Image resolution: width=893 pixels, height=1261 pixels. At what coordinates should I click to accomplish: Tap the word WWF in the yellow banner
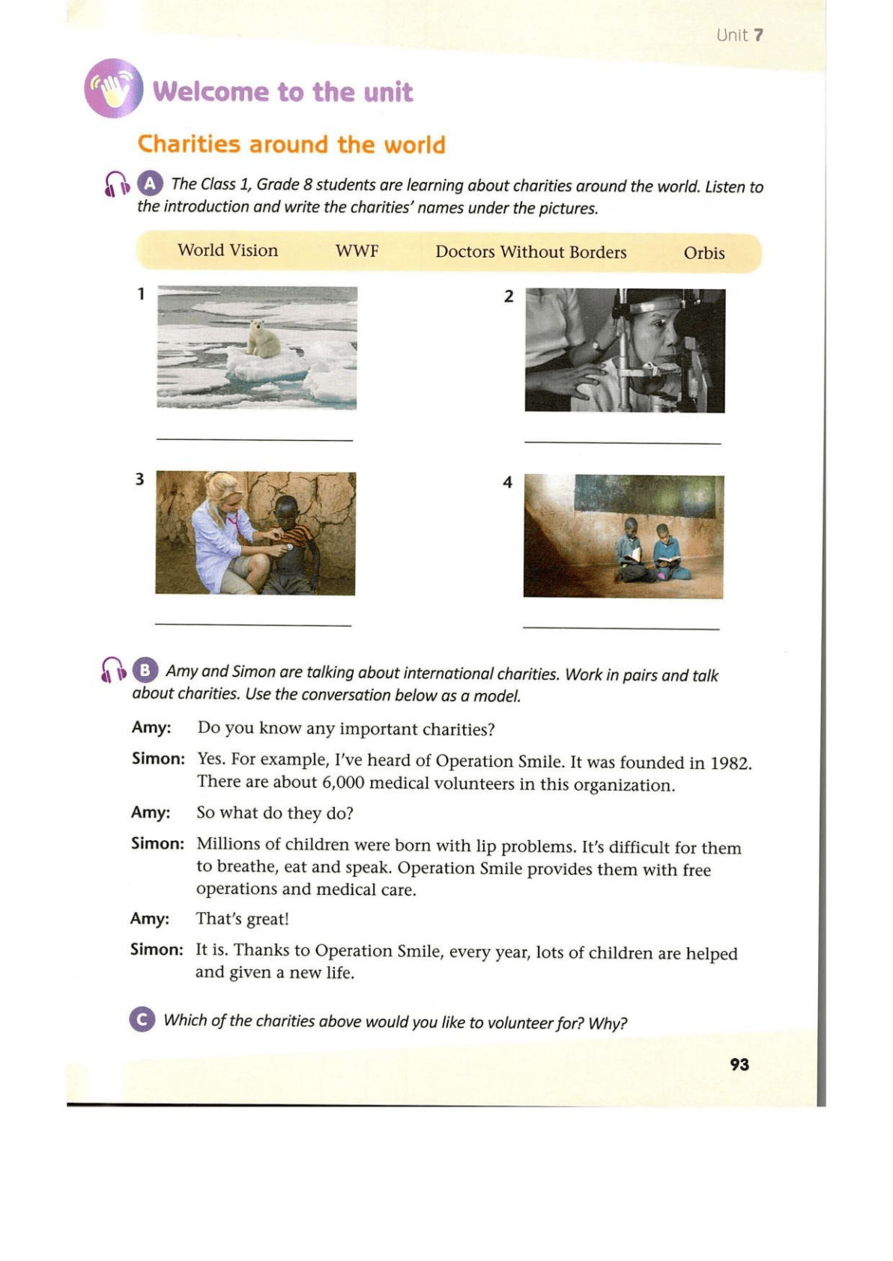click(x=357, y=251)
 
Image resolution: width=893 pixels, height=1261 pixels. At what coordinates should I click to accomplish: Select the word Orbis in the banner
click(x=703, y=253)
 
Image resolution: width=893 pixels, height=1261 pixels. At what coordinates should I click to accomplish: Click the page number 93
click(x=739, y=1064)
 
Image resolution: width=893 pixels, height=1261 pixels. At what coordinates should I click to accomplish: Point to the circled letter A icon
click(x=150, y=183)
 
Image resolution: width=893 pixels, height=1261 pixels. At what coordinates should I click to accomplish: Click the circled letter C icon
click(x=142, y=1019)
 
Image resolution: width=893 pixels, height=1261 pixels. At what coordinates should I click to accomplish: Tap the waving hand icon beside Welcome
click(x=114, y=89)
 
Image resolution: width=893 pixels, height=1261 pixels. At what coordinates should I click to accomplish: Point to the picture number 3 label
click(x=139, y=479)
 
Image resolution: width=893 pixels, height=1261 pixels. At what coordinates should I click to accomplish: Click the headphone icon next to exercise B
click(x=113, y=669)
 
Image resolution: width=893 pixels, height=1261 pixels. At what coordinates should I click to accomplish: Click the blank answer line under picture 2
click(x=622, y=443)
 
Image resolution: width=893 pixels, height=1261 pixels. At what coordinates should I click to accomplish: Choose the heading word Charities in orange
click(x=190, y=144)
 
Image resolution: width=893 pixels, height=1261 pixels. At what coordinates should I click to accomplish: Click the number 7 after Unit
click(x=758, y=35)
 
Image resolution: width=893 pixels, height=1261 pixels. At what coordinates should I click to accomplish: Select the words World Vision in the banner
click(x=228, y=250)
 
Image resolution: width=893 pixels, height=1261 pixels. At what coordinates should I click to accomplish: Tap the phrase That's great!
click(x=242, y=919)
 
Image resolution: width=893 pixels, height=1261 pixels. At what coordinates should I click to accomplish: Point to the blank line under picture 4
click(x=620, y=628)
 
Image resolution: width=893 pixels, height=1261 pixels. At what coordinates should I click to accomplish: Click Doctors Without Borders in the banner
click(x=530, y=252)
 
